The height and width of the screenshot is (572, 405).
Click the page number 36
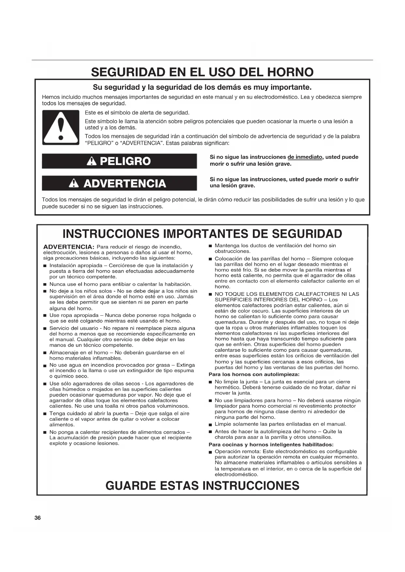click(38, 518)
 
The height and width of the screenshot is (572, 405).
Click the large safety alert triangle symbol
click(61, 128)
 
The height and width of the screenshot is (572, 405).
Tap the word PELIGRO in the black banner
click(125, 161)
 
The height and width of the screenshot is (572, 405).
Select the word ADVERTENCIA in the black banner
click(125, 183)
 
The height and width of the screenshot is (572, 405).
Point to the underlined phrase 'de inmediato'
click(305, 157)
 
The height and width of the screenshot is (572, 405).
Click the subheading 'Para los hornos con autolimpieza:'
click(254, 374)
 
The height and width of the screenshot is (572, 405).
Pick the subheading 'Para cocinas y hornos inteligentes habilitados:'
click(271, 444)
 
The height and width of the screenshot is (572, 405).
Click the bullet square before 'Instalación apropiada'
click(45, 266)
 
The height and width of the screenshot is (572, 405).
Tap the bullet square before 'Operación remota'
click(210, 452)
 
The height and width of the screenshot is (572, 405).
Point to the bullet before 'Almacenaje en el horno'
click(45, 353)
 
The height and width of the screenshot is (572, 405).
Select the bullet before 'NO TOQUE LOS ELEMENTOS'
click(210, 294)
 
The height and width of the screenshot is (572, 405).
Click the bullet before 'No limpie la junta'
click(210, 382)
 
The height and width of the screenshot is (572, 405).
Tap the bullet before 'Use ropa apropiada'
click(45, 316)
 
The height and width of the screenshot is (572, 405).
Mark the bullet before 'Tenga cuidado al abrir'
click(45, 414)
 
